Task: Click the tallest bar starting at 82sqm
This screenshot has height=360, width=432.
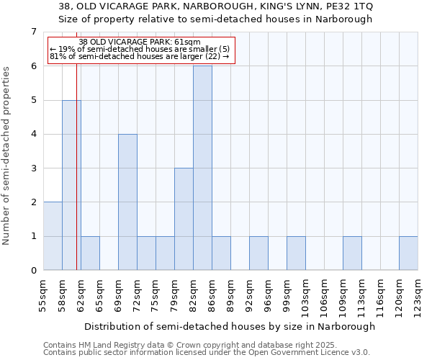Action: coord(202,168)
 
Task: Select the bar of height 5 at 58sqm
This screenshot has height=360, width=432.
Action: coord(71,185)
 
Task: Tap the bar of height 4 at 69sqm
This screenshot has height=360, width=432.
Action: coord(127,202)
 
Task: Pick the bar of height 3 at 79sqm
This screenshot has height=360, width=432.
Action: coord(184,219)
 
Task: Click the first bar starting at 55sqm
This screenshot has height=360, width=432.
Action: coord(53,236)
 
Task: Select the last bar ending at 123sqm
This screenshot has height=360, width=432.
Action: coord(408,253)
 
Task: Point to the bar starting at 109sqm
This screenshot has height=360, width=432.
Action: coord(352,253)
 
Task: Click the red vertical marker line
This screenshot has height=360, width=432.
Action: coord(76,180)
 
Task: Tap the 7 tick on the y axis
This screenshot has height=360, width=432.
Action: coord(33,32)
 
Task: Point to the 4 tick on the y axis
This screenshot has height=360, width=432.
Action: coord(33,134)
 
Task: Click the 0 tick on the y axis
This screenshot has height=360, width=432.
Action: coord(33,271)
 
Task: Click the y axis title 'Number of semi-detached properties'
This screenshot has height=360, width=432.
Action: coord(7,156)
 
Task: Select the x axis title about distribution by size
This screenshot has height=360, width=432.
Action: coord(229,326)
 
